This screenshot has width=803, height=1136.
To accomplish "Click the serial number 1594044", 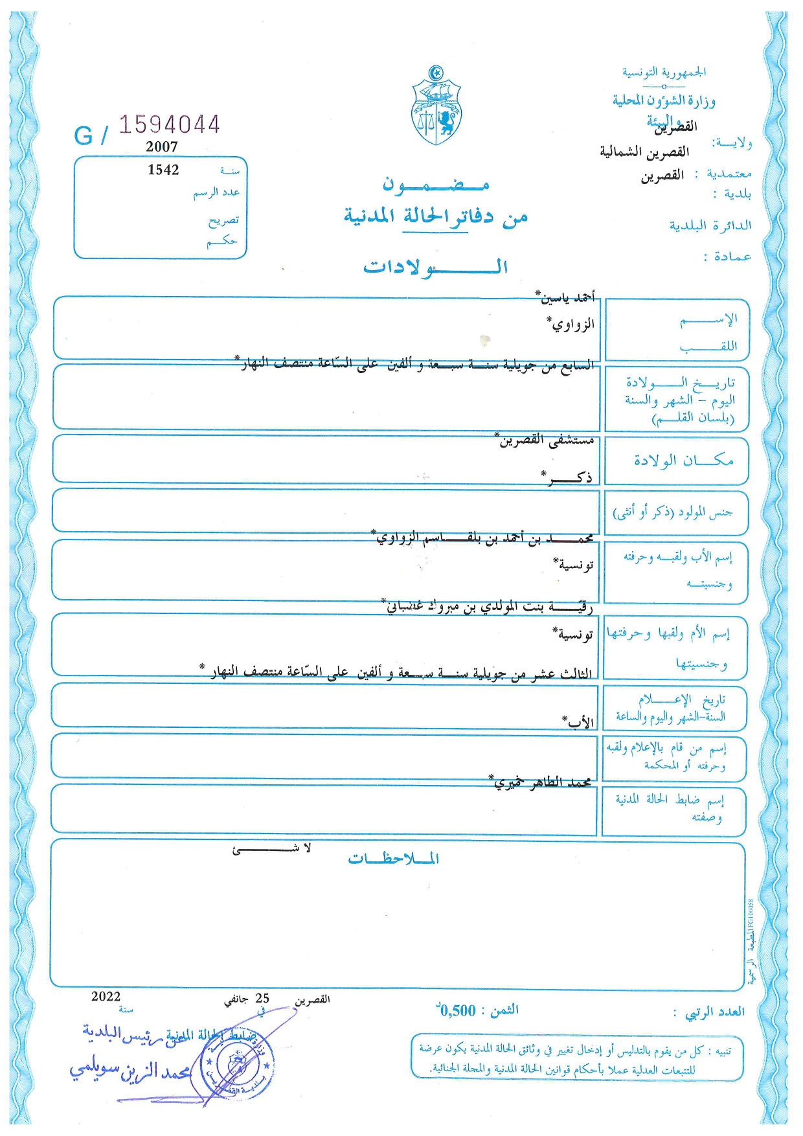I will [x=170, y=124].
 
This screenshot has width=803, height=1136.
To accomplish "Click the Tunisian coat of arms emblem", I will [x=437, y=105].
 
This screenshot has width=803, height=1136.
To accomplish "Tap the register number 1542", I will [x=163, y=170].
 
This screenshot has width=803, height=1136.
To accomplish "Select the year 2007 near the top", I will [x=162, y=147].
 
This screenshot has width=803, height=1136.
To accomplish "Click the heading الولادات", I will [x=435, y=267].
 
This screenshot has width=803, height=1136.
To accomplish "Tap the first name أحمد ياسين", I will [x=565, y=297].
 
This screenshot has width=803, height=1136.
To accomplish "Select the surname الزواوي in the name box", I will [x=571, y=324].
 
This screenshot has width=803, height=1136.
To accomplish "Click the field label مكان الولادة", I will [x=683, y=460].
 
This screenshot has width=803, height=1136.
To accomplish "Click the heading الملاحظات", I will [x=394, y=859].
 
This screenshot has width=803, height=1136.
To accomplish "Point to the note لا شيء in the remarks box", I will [x=272, y=849].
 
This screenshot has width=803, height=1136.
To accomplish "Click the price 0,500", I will [x=457, y=1010].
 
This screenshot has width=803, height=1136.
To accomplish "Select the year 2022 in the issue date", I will [x=106, y=997].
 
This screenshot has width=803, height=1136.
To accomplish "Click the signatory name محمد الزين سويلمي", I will [x=130, y=1071].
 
